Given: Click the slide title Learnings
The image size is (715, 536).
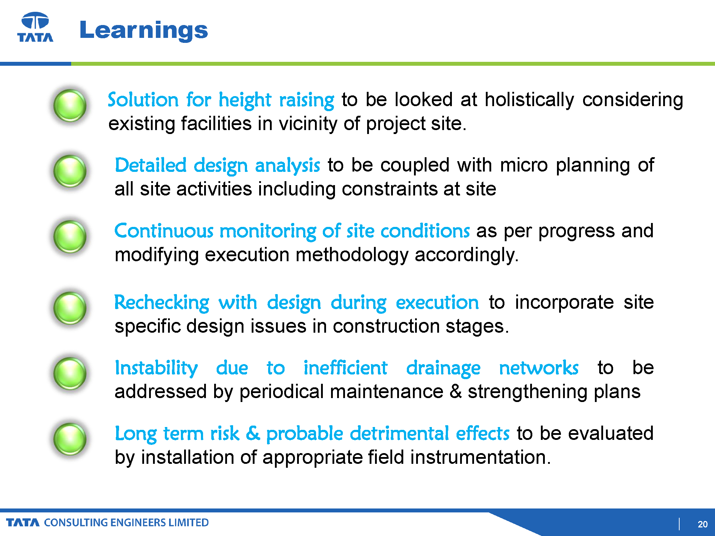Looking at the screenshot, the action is (143, 31).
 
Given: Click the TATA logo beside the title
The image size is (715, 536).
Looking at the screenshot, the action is (35, 27).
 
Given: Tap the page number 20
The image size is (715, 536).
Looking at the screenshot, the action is (702, 524).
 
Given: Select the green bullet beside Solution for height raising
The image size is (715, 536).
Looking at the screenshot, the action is (70, 106).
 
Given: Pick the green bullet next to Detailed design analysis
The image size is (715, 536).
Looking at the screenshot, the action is (70, 171).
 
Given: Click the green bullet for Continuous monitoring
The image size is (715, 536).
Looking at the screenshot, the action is (70, 237).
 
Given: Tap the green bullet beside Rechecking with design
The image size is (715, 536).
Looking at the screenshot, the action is (70, 308).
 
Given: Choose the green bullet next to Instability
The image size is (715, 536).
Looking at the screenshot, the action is (70, 373).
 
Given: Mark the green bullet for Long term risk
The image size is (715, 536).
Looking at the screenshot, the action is (70, 439).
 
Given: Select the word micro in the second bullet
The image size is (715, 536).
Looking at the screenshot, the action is (524, 165).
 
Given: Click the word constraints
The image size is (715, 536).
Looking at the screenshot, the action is (389, 189).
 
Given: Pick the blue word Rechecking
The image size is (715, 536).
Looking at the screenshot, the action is (162, 303).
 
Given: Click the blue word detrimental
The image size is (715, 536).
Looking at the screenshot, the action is (399, 433).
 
